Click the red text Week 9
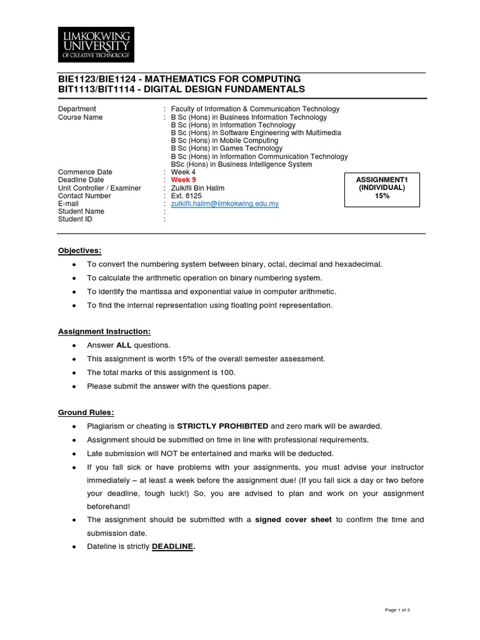(183, 180)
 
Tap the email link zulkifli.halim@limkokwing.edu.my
(224, 204)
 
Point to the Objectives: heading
(79, 250)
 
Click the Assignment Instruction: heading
(104, 331)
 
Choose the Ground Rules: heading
(87, 412)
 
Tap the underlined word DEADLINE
(173, 546)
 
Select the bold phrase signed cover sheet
(294, 519)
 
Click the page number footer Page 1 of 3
(397, 609)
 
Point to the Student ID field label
(75, 219)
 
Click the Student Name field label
(81, 211)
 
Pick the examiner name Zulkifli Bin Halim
(197, 188)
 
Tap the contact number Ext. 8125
(187, 196)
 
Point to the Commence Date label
(85, 172)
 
